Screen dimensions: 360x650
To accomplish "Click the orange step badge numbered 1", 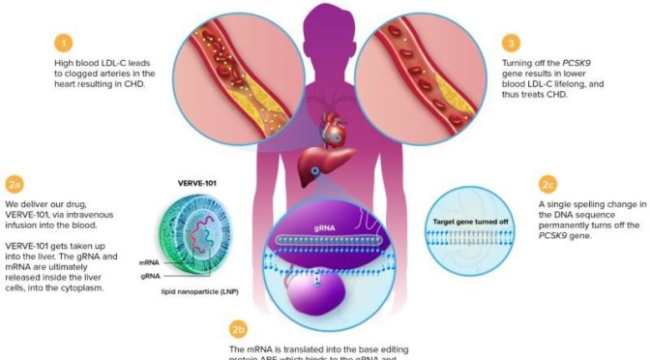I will [x=63, y=43].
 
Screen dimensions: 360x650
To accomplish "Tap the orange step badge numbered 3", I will [x=511, y=43].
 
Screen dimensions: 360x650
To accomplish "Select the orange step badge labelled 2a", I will [x=14, y=184].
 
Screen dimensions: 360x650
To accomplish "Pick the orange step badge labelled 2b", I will [x=238, y=330].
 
